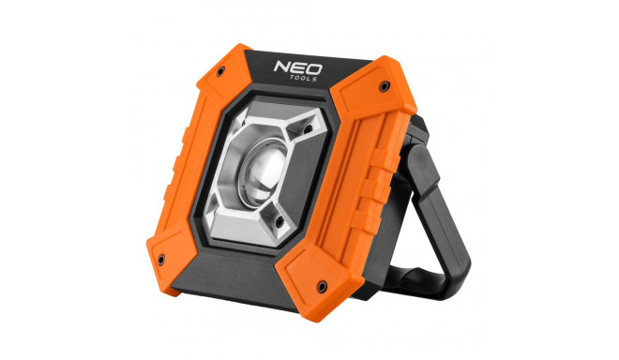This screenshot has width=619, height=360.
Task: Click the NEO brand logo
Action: (298, 67)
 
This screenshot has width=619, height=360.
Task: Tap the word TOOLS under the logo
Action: (304, 79)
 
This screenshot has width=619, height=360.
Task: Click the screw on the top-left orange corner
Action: (220, 71)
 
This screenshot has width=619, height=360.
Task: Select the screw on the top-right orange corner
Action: (384, 86)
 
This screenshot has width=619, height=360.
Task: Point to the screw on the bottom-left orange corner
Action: (161, 260)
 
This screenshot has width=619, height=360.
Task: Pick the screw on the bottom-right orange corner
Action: (322, 286)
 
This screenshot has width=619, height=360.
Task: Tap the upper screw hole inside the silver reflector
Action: (307, 129)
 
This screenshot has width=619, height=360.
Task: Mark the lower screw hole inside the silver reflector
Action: (279, 222)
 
